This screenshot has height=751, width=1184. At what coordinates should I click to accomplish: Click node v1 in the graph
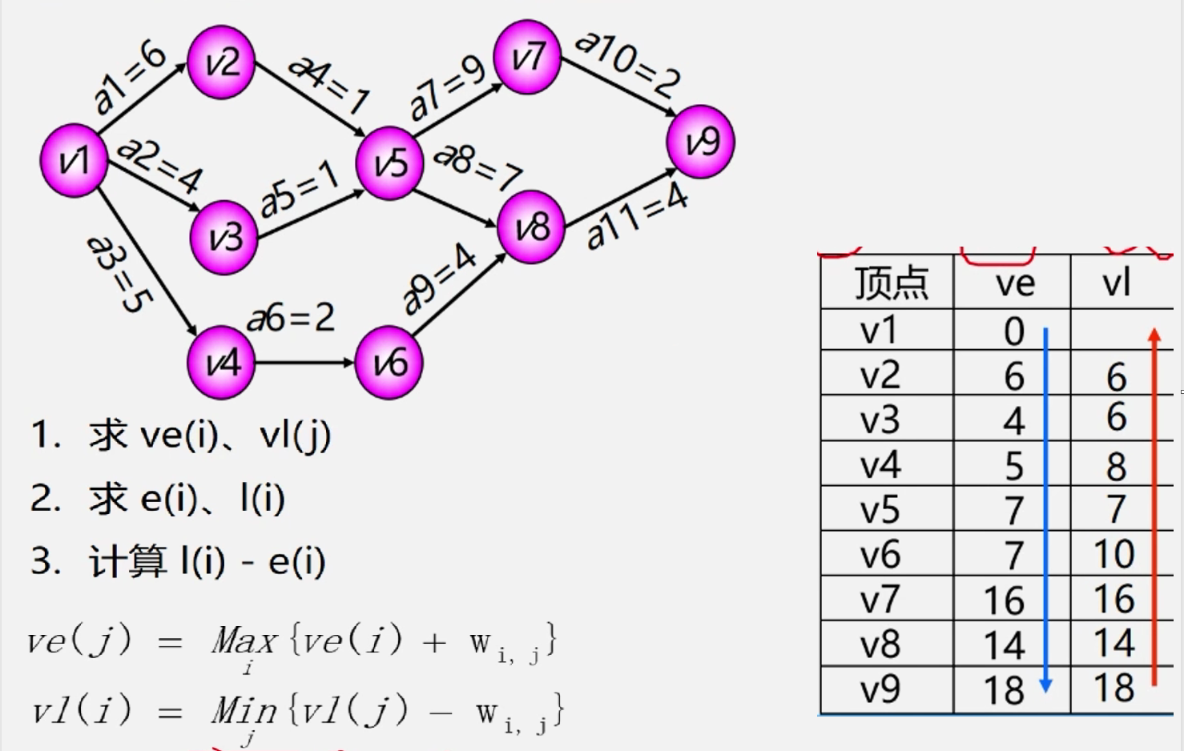point(74,160)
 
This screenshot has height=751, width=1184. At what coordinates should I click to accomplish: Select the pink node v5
point(390,163)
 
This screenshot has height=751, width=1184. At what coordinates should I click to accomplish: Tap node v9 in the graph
point(701,142)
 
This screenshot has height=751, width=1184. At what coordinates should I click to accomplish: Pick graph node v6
point(389,363)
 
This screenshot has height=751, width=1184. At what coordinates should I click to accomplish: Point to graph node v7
point(527,58)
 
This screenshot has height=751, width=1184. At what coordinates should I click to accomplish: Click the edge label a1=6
point(129,77)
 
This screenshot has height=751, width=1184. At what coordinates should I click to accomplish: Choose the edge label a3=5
point(119,272)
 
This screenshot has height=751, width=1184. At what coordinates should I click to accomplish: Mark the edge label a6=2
point(291,318)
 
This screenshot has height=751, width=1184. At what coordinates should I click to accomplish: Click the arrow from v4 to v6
point(304,363)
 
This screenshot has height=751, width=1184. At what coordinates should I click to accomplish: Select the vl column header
point(1116,283)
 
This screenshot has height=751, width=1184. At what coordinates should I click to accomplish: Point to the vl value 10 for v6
point(1114,554)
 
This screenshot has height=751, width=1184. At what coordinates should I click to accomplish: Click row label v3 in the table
point(880,420)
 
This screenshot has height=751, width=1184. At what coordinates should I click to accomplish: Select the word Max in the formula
point(244,641)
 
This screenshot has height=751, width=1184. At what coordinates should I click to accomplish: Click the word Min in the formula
point(244,710)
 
